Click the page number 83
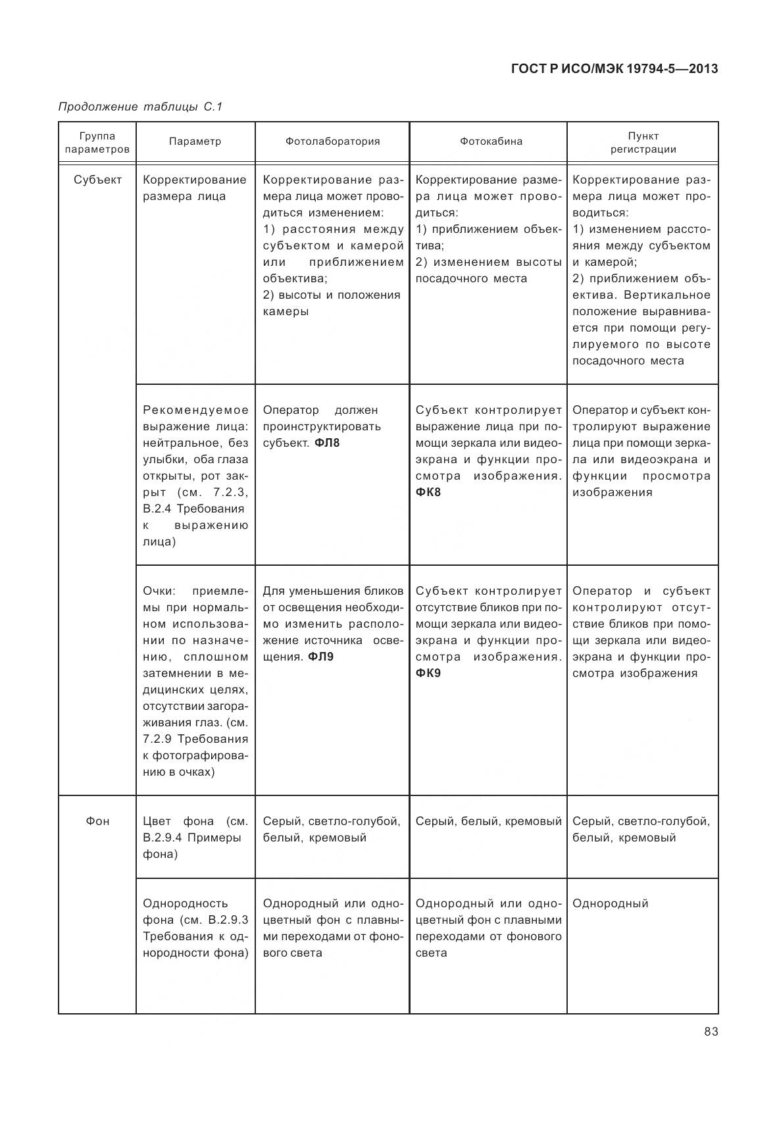tap(711, 1031)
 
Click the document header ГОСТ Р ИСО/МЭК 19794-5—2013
tap(614, 68)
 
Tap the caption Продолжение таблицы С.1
tap(141, 107)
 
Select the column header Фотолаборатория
tap(332, 141)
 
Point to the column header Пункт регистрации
tap(643, 142)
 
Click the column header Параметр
tap(195, 141)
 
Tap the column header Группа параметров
tap(97, 142)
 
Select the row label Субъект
tap(97, 180)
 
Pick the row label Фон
tap(97, 821)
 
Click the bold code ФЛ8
tap(327, 443)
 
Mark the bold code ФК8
tap(428, 492)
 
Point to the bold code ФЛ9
tap(321, 657)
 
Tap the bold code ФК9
tap(428, 673)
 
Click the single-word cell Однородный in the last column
tap(610, 903)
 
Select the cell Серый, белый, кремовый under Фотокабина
tap(488, 821)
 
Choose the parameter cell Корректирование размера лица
tap(195, 188)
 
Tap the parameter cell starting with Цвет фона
tap(195, 838)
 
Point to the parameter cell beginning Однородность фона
tap(195, 928)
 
